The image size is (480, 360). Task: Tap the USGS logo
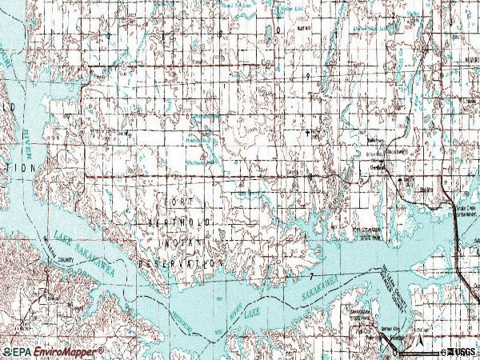tap(463, 351)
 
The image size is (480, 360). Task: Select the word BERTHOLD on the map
tap(181, 220)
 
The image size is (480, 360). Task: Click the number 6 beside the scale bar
tap(442, 351)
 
